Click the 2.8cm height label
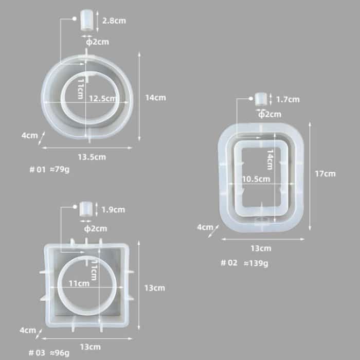[114, 21]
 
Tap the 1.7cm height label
[287, 99]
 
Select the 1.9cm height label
[114, 210]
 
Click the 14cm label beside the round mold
[155, 98]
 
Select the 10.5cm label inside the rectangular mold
[256, 179]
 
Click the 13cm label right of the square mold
[155, 288]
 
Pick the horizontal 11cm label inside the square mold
[79, 283]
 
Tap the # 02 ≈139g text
[244, 263]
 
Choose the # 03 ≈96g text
[49, 353]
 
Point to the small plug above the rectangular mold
[261, 99]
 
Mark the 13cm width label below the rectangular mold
[261, 248]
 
